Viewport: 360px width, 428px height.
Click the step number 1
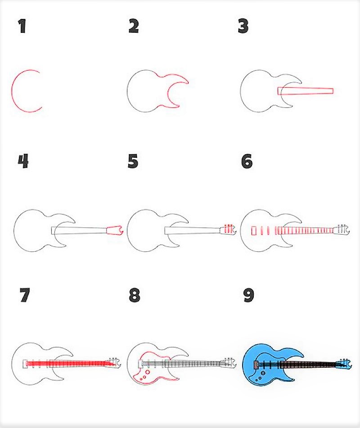pos(22,26)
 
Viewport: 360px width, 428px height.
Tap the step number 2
pos(134,26)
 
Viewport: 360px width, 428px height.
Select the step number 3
pos(243,26)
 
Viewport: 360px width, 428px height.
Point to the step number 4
pos(23,161)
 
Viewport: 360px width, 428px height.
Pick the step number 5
pos(133,161)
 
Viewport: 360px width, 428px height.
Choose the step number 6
pos(247,161)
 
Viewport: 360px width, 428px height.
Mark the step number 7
pos(25,295)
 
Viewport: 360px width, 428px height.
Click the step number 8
pos(135,295)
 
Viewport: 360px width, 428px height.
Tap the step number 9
pos(248,295)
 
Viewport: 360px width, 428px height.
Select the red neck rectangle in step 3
pos(306,91)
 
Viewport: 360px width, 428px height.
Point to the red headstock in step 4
pos(115,230)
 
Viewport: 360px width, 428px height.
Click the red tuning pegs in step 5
pos(229,229)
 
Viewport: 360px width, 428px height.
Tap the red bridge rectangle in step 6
pos(254,231)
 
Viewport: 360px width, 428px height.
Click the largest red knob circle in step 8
pos(148,372)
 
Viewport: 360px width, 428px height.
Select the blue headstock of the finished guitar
pos(343,365)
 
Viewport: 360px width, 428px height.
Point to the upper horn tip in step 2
pos(188,82)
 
